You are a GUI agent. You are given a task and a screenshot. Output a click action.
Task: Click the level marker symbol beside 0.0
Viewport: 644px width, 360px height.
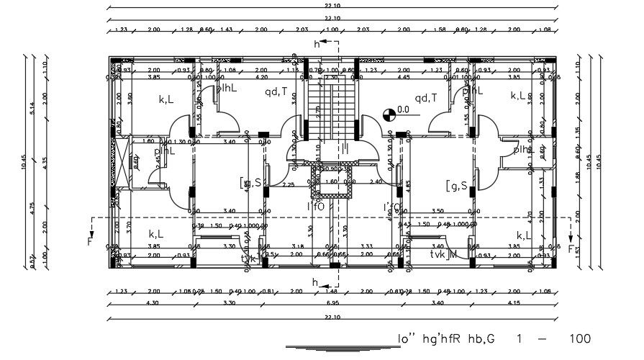[x=389, y=112]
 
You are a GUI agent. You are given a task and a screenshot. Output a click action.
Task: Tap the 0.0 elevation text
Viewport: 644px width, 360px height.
[x=403, y=109]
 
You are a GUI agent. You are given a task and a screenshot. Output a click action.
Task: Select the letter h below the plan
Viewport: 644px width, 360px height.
[x=314, y=282]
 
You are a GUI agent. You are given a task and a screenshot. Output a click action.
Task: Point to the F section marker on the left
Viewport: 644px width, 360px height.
[x=90, y=241]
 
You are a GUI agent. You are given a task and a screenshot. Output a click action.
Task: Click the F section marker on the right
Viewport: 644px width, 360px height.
[x=573, y=249]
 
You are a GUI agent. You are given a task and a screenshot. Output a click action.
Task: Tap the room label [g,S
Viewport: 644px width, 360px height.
[x=456, y=186]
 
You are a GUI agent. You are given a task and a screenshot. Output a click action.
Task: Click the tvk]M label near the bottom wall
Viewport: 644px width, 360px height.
[x=443, y=254]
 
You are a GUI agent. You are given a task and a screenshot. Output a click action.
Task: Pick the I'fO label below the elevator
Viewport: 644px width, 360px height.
[x=316, y=207]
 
